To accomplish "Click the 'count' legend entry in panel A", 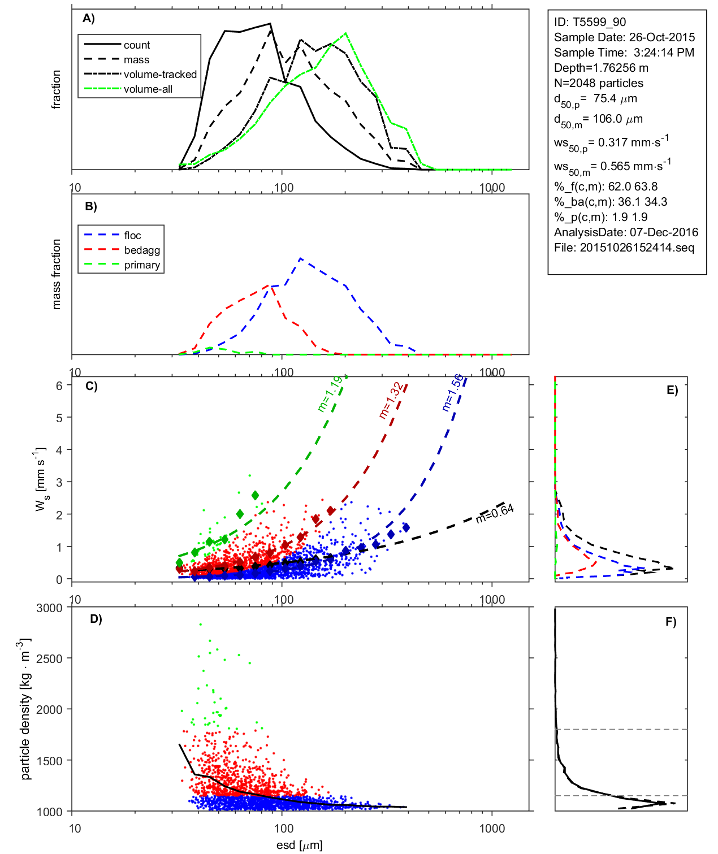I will point(137,45).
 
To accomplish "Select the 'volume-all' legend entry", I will point(148,89).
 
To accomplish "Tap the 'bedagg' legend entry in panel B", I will point(142,250).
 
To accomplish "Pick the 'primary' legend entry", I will point(142,265).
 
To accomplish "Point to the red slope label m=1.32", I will point(391,401).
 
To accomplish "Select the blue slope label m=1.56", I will point(452,392).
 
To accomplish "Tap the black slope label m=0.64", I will point(495,513).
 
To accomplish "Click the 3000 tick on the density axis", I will point(49,608).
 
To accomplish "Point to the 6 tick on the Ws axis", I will point(59,385).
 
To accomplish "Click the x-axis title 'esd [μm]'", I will point(300,845).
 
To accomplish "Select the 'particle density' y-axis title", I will point(25,709).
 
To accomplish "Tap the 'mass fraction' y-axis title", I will point(57,274).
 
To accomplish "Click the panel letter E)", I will point(672,390).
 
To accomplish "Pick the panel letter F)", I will point(671,622).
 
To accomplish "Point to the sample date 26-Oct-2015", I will point(662,37).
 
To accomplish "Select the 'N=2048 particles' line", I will point(599,83).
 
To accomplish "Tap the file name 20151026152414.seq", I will point(637,248).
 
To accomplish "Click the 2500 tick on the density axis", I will point(49,658).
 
